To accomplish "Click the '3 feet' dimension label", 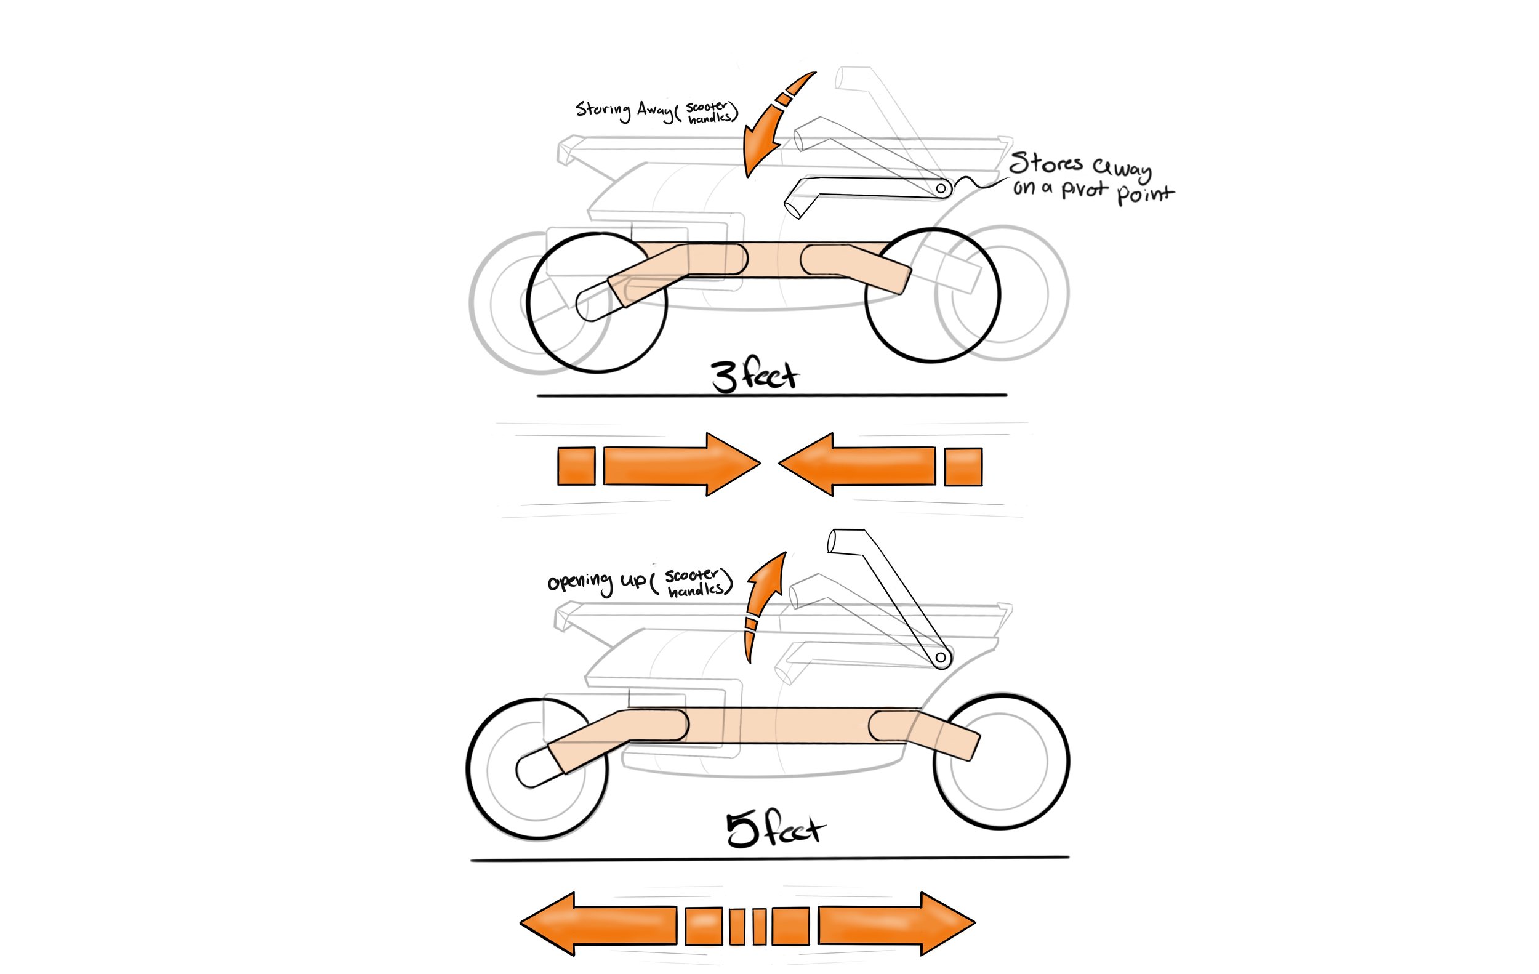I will [754, 375].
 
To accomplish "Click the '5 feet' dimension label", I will [775, 829].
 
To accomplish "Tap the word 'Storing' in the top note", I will [603, 110].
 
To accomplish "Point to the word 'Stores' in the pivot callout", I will [1046, 164].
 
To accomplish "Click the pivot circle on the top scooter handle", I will [941, 188].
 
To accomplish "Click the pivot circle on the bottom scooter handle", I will [941, 657].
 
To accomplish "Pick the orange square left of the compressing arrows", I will [576, 466].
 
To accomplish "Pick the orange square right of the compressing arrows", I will [963, 467].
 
